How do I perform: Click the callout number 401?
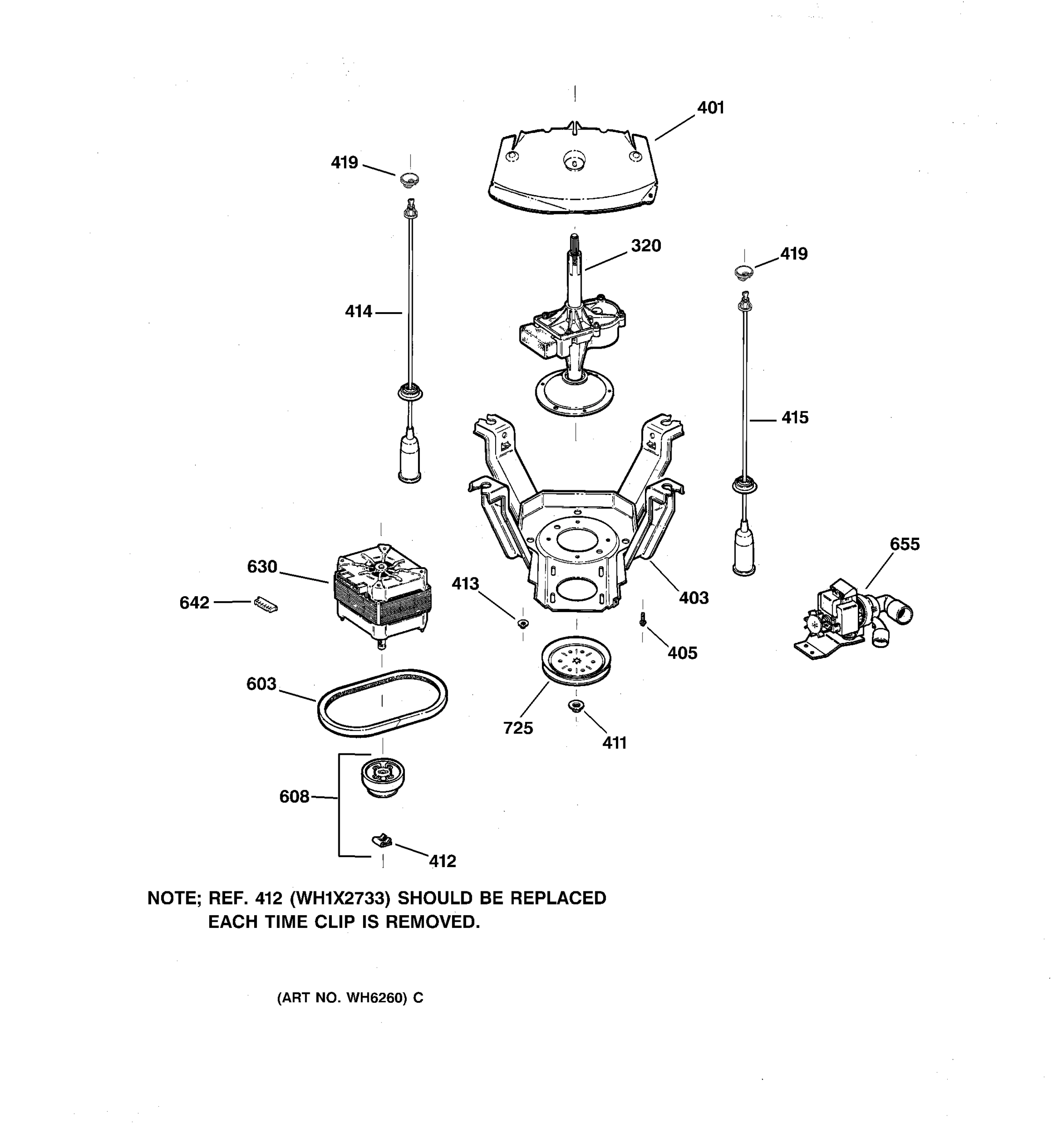click(710, 108)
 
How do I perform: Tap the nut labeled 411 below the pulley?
click(576, 706)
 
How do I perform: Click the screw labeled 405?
click(642, 620)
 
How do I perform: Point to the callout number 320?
click(646, 246)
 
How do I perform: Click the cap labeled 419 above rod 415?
click(744, 272)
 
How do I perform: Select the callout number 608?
click(294, 797)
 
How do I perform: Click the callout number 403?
click(693, 598)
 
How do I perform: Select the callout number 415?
click(795, 418)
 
